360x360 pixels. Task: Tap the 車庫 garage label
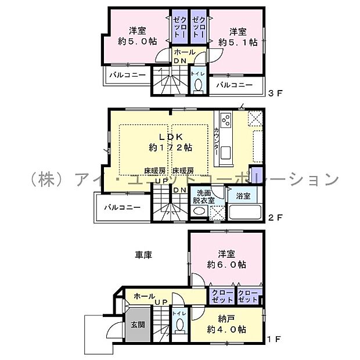(x=144, y=254)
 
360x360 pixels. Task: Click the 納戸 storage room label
(x=226, y=318)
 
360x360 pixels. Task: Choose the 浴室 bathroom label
(x=243, y=196)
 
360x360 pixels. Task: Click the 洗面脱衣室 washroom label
(x=204, y=196)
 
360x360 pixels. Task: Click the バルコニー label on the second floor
(x=122, y=207)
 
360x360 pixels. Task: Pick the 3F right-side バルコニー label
(x=235, y=85)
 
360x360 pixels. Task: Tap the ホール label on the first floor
(x=143, y=296)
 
